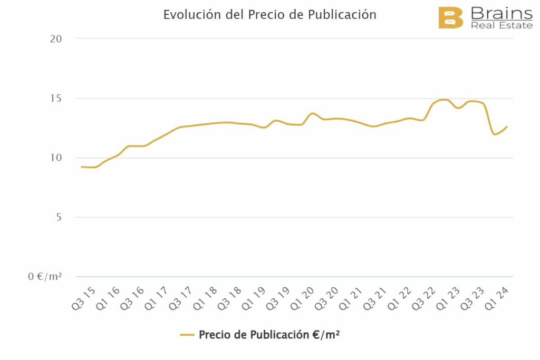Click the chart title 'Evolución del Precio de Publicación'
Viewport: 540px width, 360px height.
[269, 15]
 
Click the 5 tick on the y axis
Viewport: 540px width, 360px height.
[59, 218]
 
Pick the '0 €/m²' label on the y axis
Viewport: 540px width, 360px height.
[45, 277]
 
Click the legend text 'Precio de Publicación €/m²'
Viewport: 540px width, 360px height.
[269, 335]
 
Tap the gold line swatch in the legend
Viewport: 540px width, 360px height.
[187, 335]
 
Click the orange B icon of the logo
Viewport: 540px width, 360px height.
[450, 17]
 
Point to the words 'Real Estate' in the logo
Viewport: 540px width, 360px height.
[501, 25]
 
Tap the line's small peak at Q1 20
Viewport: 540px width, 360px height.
[313, 113]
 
